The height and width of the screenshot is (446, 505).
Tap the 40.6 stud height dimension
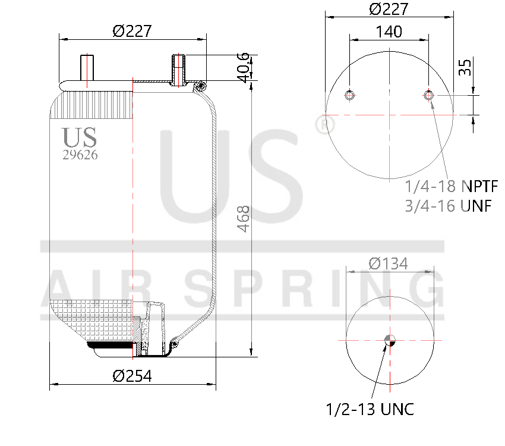click(x=242, y=66)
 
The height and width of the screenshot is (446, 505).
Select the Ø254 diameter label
click(x=132, y=376)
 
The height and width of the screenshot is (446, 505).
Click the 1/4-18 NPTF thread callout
click(x=451, y=186)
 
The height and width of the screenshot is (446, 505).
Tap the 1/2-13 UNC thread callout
click(x=370, y=409)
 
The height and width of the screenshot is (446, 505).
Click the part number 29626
click(x=80, y=155)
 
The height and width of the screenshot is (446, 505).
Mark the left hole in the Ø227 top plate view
click(x=350, y=95)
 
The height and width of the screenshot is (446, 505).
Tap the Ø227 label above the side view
click(x=132, y=31)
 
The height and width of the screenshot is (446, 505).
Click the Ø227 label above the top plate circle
click(x=389, y=10)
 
